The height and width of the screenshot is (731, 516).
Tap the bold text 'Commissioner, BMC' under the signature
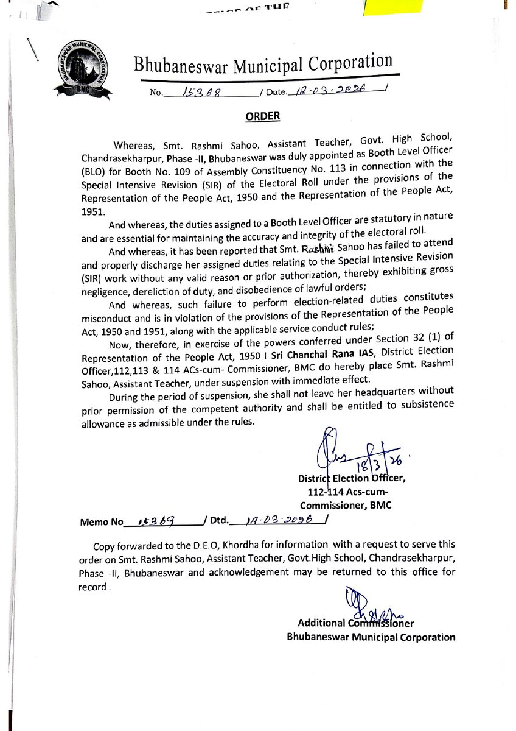[344, 505]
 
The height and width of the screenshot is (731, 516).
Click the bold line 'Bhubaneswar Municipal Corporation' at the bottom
[371, 637]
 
